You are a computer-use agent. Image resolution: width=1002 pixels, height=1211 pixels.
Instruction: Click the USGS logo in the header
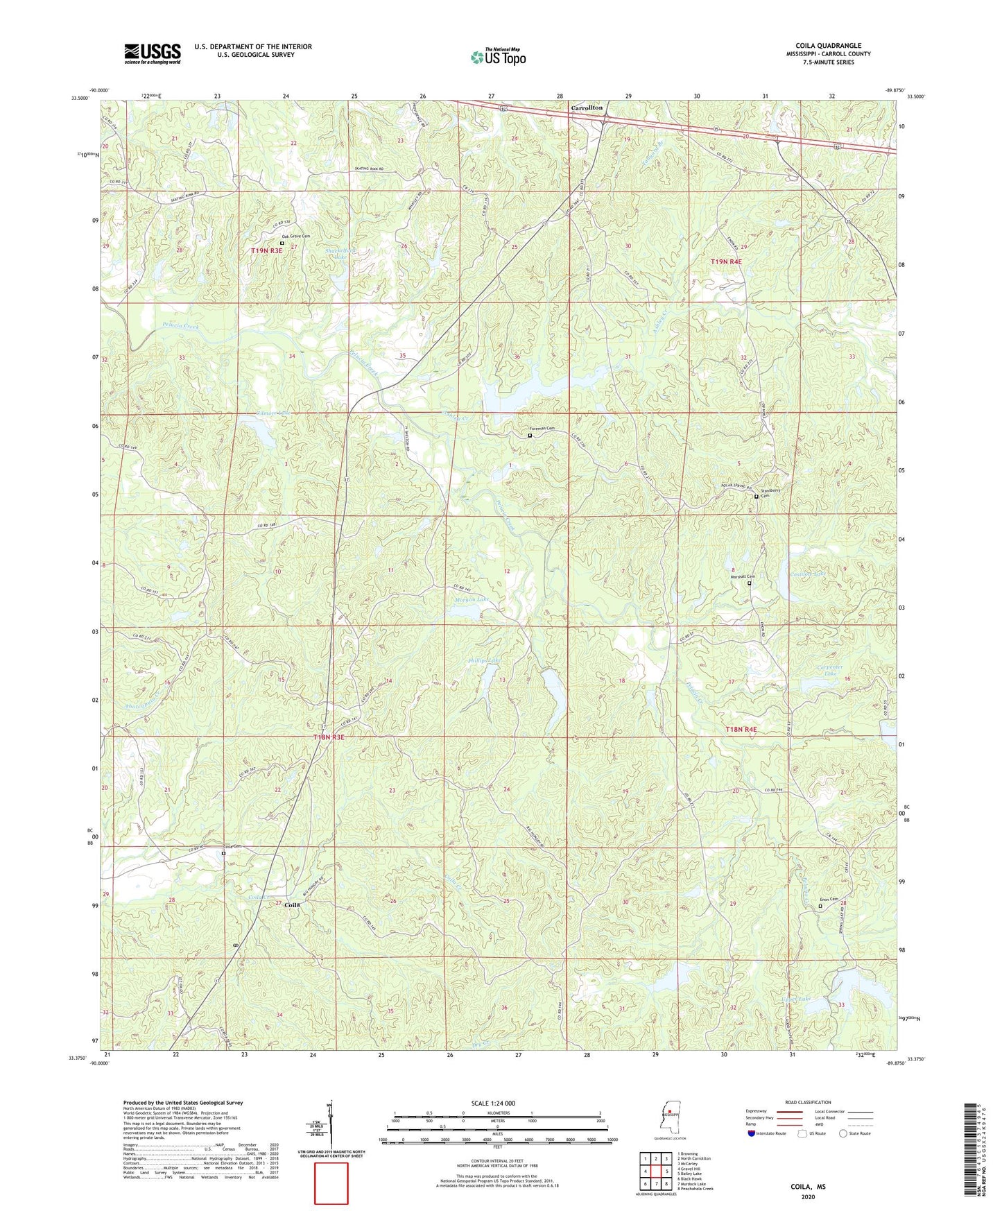[x=153, y=53]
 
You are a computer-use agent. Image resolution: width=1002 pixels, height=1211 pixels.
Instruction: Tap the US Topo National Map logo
[x=498, y=56]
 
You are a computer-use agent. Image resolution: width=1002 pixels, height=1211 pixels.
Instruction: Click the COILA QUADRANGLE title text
[x=828, y=46]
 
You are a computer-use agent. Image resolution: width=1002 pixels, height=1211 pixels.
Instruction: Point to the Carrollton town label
[x=586, y=109]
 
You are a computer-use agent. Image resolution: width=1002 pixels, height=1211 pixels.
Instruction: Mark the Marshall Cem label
[x=742, y=576]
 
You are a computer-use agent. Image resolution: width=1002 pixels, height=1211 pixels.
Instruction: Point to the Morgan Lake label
[x=472, y=599]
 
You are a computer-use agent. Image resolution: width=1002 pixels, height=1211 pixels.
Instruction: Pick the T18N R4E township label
[x=741, y=730]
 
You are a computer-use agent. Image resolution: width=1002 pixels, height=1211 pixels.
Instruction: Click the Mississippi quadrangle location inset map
[x=669, y=1115]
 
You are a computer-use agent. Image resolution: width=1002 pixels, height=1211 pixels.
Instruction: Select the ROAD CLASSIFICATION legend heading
[x=808, y=1102]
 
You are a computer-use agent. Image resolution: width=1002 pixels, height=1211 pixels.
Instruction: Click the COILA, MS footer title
[x=808, y=1187]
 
